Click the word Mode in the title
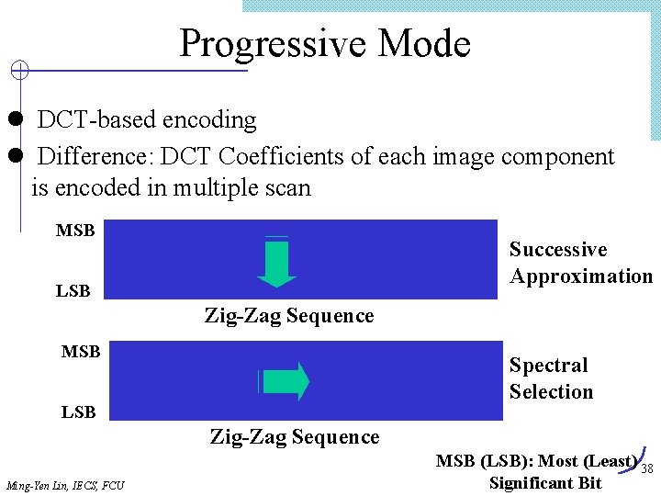click(424, 43)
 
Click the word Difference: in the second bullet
click(95, 157)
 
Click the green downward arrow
click(276, 264)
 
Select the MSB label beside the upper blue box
click(75, 231)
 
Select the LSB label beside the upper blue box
click(73, 291)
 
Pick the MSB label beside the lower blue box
click(81, 352)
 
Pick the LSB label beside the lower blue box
click(79, 412)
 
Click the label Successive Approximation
click(580, 263)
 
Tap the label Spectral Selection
click(551, 378)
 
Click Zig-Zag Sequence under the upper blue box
click(289, 316)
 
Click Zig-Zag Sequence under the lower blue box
click(295, 437)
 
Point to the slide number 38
click(646, 469)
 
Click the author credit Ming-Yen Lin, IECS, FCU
click(65, 484)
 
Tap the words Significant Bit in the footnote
click(545, 482)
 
